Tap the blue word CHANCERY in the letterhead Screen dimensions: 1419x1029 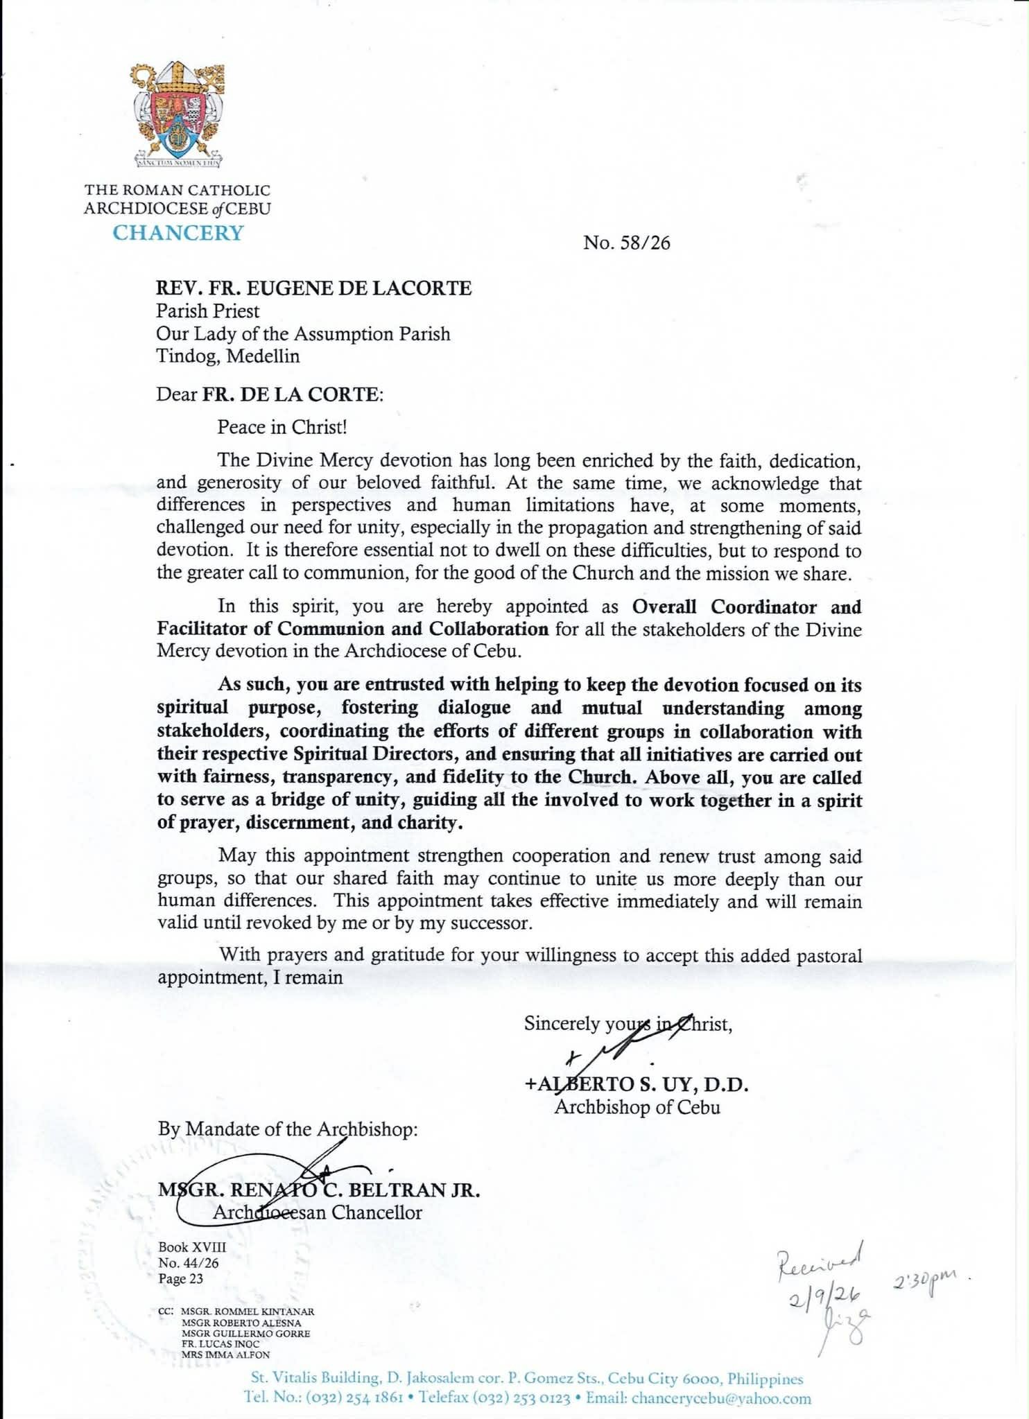coord(178,233)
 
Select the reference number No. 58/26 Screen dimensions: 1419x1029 coord(626,243)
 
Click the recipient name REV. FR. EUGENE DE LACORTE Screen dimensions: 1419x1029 coord(313,288)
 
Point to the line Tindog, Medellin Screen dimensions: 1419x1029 coord(227,356)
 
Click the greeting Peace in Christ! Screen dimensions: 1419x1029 coord(282,426)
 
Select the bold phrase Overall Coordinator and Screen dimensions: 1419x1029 coord(746,607)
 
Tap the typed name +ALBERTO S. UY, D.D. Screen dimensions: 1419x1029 coord(637,1084)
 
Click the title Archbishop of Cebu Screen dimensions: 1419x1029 coord(637,1107)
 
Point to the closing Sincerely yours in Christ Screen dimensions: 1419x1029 coord(628,1024)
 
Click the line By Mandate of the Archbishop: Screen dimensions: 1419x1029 coord(288,1129)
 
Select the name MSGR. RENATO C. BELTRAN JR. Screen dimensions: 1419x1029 coord(319,1190)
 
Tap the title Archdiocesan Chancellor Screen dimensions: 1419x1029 coord(317,1212)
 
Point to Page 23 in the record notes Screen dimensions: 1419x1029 coord(180,1279)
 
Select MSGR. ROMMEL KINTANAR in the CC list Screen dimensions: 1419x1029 coord(248,1312)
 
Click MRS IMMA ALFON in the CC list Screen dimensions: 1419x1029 coord(225,1354)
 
